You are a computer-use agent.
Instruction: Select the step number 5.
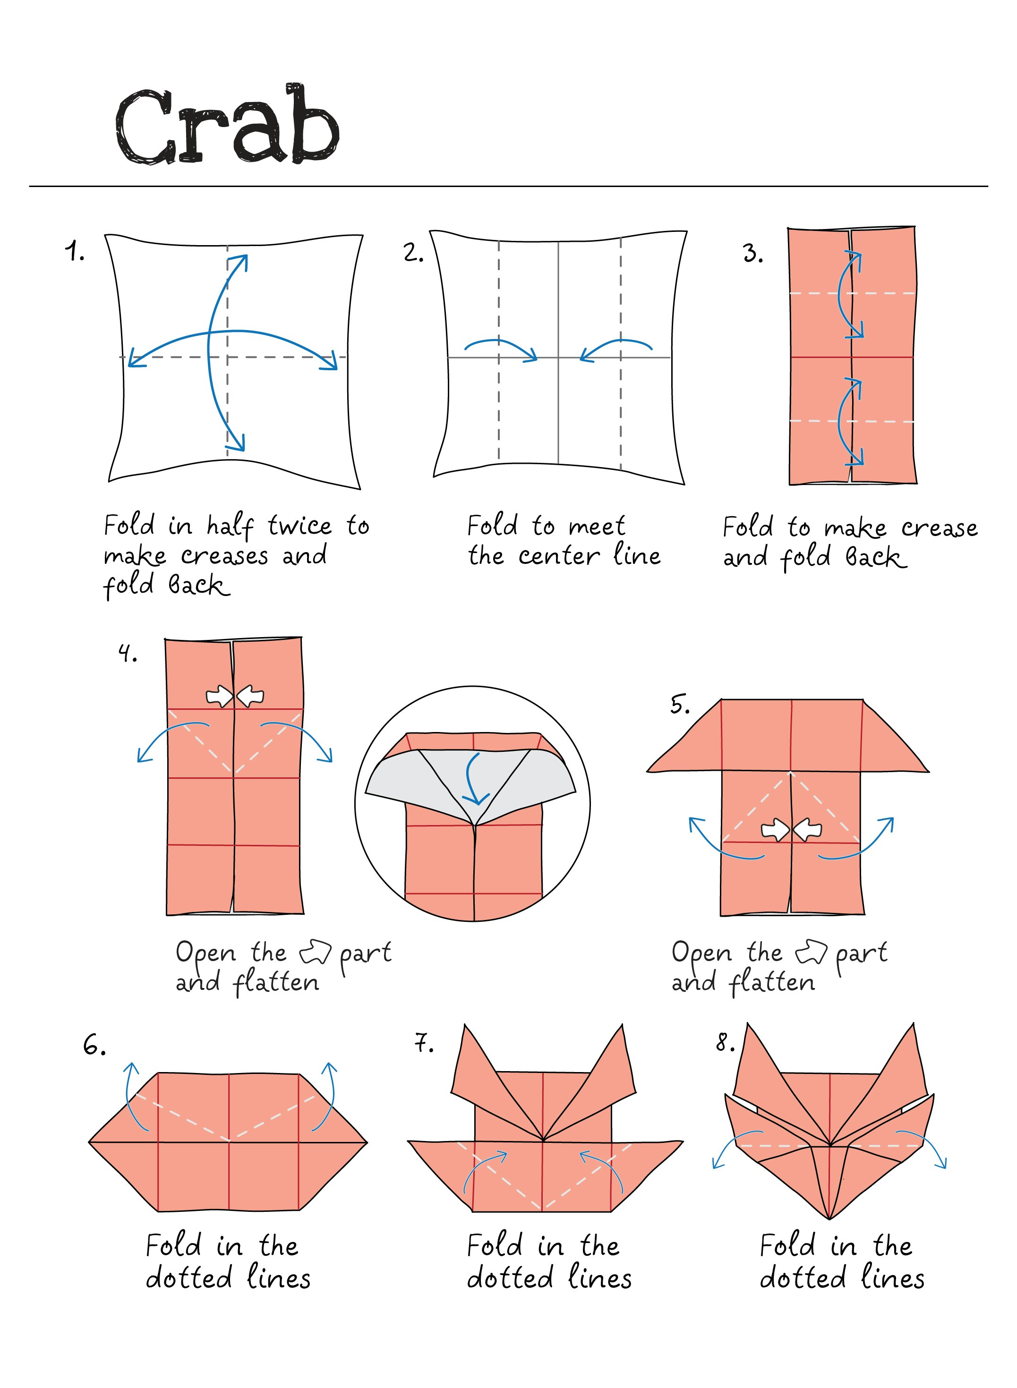(x=680, y=704)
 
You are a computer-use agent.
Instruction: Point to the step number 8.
(x=725, y=1043)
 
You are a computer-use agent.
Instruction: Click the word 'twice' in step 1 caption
(x=300, y=526)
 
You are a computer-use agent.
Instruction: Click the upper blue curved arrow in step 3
(x=850, y=294)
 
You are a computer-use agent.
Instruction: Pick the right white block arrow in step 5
(x=808, y=830)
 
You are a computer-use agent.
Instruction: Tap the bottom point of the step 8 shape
(x=829, y=1218)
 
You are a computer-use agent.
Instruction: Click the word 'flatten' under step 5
(x=772, y=983)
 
